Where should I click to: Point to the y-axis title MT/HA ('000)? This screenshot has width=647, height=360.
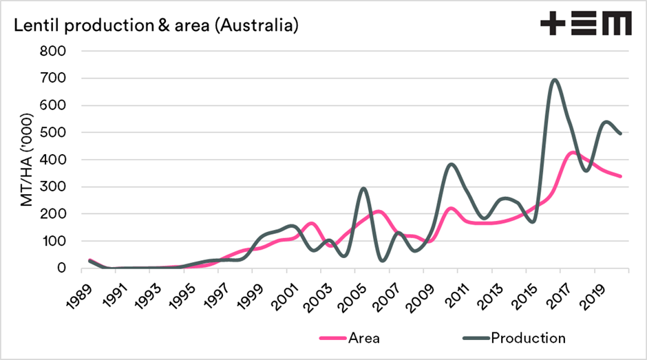pyautogui.click(x=27, y=159)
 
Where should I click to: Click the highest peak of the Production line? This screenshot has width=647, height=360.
pyautogui.click(x=554, y=79)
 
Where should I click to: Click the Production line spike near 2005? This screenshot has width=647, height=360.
pyautogui.click(x=364, y=188)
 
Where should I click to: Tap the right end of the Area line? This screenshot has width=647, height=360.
pyautogui.click(x=621, y=176)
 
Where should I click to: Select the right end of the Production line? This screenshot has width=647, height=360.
pyautogui.click(x=621, y=134)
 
